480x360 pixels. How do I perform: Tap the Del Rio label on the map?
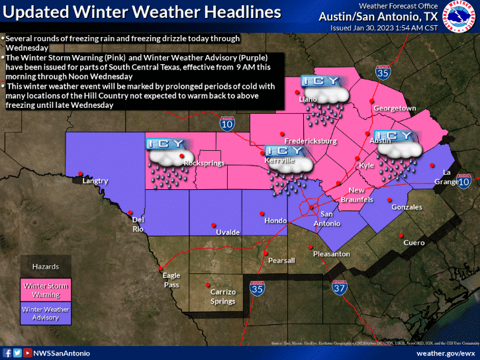pyautogui.click(x=138, y=224)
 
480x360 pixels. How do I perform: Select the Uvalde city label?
pyautogui.click(x=228, y=232)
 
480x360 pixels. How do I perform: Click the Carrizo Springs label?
pyautogui.click(x=222, y=296)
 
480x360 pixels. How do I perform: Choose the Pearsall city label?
pyautogui.click(x=281, y=261)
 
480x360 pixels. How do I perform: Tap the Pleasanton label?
pyautogui.click(x=331, y=253)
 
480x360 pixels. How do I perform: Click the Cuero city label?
pyautogui.click(x=414, y=243)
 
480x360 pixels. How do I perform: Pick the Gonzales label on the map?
pyautogui.click(x=407, y=207)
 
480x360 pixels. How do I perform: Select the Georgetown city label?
pyautogui.click(x=394, y=108)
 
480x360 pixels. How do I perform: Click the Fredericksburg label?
pyautogui.click(x=311, y=141)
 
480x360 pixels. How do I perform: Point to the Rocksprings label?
pyautogui.click(x=203, y=163)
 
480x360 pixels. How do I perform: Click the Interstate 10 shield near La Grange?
pyautogui.click(x=463, y=181)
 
